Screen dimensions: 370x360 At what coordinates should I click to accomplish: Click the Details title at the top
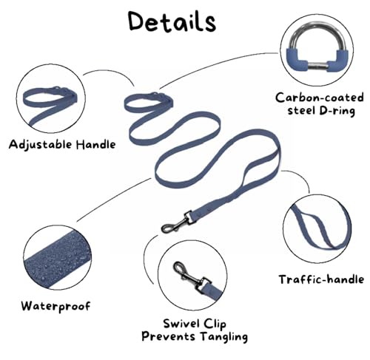[x=172, y=21]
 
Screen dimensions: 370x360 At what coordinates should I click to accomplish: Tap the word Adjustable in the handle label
[x=40, y=145]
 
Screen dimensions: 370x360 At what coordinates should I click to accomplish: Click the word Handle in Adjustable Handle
[x=95, y=144]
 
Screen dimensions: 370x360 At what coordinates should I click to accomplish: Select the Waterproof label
[x=56, y=306]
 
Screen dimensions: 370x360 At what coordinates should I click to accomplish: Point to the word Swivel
[x=181, y=323]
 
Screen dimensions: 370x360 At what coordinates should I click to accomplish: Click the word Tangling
[x=224, y=337]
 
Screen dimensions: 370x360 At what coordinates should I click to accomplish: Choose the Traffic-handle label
[x=321, y=279]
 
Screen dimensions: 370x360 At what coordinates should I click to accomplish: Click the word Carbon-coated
[x=320, y=98]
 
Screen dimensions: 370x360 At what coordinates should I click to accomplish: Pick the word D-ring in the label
[x=337, y=111]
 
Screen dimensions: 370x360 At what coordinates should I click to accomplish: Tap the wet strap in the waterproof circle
[x=56, y=260]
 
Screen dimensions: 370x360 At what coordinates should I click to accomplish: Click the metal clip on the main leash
[x=177, y=223]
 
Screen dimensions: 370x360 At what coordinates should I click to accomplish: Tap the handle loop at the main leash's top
[x=149, y=102]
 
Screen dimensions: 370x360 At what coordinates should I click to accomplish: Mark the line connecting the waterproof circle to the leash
[x=113, y=200]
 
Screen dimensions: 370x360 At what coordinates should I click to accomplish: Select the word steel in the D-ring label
[x=301, y=110]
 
